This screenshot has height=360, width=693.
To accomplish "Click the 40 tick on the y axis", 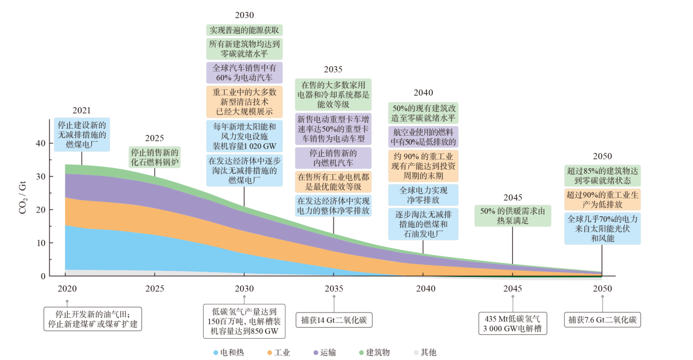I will pos(40,143).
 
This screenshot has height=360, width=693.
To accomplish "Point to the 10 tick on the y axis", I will pos(40,243).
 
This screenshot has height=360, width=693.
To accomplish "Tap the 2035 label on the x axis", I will pos(334,288).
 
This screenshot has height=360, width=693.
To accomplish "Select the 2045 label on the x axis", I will pos(513,288).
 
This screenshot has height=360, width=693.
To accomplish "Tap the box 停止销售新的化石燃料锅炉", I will pos(155,157).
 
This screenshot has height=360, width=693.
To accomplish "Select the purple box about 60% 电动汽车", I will pos(244,73).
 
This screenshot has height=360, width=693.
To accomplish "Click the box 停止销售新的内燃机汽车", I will pos(333,158).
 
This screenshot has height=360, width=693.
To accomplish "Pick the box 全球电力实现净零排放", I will pos(423,195).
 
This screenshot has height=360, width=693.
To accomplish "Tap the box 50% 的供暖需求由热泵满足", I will pos(512,215).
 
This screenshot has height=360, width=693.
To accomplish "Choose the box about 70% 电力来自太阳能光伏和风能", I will pos(602,229).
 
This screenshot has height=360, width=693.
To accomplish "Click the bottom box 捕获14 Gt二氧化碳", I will pos(333,320).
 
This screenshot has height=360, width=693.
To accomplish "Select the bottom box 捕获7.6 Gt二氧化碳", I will pos(602,320).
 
